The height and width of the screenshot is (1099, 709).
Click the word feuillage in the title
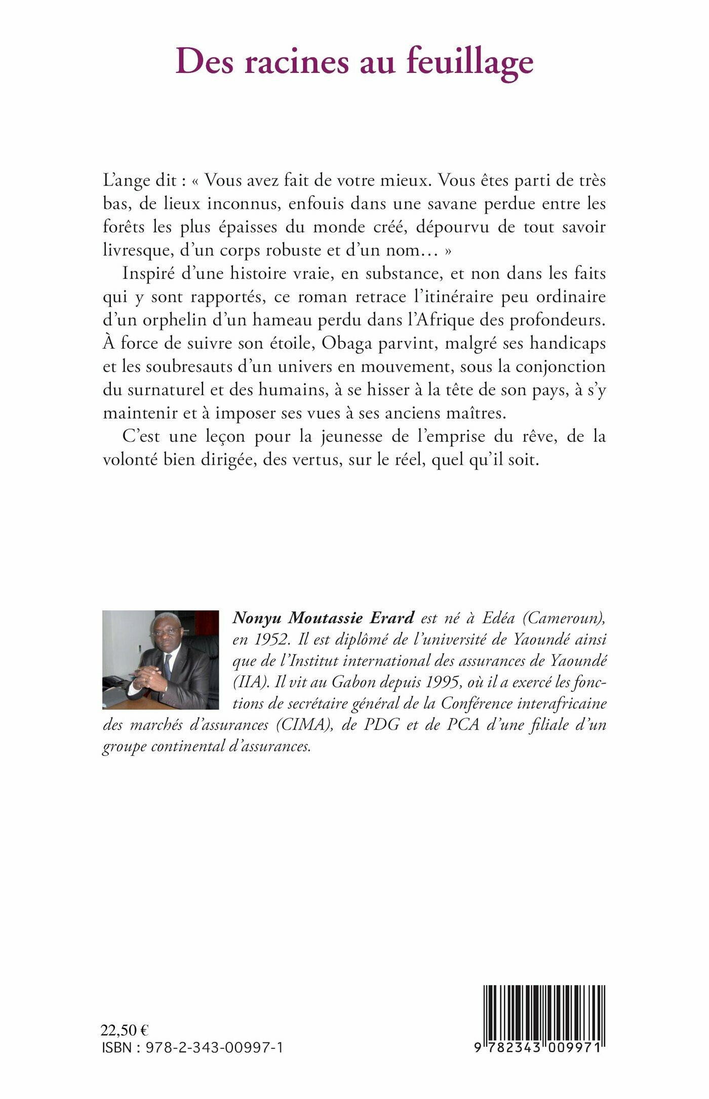click(x=470, y=62)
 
